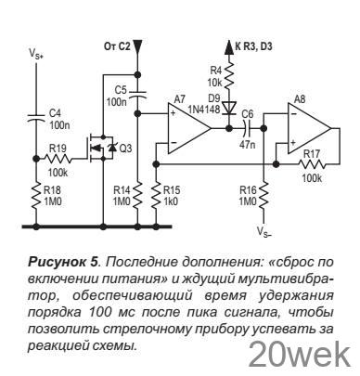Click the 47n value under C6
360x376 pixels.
[248, 147]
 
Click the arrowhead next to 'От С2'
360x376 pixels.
[137, 45]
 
